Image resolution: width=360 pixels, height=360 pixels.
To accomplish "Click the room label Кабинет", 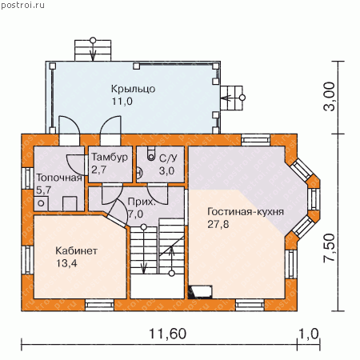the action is (76, 250).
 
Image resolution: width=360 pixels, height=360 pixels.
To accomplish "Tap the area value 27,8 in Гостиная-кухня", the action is (218, 224).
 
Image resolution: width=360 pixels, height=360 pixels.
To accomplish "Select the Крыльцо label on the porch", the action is (133, 89).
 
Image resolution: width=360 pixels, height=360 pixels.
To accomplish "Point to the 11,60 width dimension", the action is (167, 334).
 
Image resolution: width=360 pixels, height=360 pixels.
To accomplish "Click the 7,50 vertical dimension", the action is (329, 248).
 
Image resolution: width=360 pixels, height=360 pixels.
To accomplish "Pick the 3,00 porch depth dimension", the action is (329, 96).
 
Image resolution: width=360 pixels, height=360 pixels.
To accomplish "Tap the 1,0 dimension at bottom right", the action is (308, 334).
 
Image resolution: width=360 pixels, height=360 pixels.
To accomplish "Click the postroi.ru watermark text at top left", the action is (23, 5).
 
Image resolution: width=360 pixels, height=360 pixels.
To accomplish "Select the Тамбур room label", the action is (110, 157).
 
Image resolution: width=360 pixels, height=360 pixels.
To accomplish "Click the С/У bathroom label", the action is (168, 158).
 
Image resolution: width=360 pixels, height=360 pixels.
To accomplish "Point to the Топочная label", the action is (59, 178).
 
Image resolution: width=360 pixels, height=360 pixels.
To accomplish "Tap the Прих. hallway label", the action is (142, 202).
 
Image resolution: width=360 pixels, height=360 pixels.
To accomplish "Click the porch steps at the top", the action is (93, 50).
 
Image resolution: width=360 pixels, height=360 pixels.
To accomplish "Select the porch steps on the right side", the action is (231, 98).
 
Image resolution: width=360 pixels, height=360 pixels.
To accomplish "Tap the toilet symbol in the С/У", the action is (151, 154).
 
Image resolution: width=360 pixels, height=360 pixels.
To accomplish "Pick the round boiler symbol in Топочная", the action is (41, 203).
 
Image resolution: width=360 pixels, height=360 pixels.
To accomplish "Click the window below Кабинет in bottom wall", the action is (100, 305).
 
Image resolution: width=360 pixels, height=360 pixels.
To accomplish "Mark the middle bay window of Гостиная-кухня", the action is (314, 199).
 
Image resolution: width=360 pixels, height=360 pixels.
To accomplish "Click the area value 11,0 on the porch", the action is (122, 102).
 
